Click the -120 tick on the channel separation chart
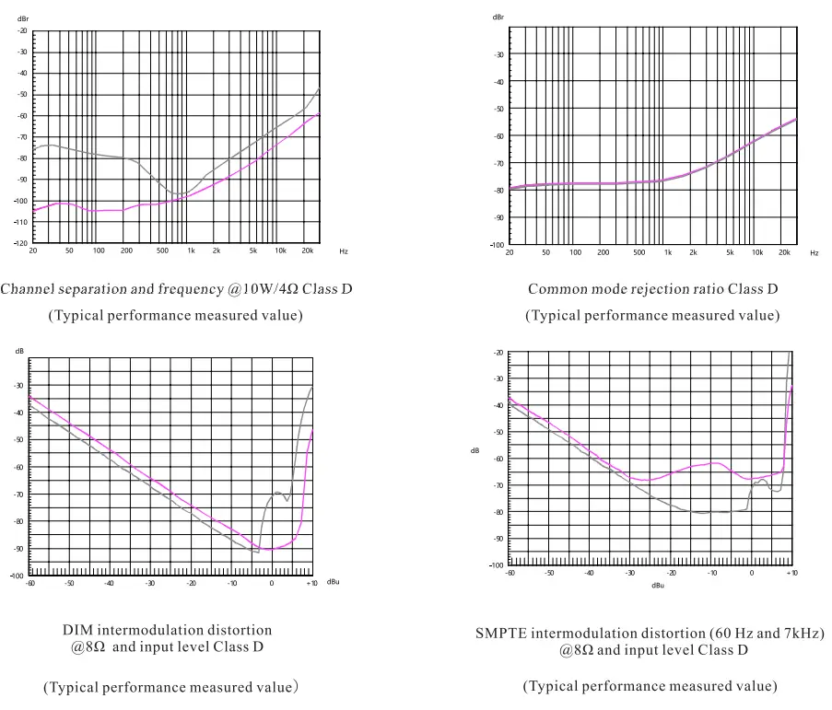coord(22,243)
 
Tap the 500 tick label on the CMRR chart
coord(639,251)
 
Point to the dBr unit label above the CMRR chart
coord(498,17)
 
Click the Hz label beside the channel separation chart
coord(343,250)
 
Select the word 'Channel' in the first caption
coord(25,289)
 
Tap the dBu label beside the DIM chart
coord(334,581)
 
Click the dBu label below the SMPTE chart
coord(658,585)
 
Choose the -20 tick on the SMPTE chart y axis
coord(498,353)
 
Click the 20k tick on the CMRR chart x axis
coord(785,251)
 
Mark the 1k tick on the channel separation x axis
coord(191,250)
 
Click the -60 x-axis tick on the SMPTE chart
coord(510,573)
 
